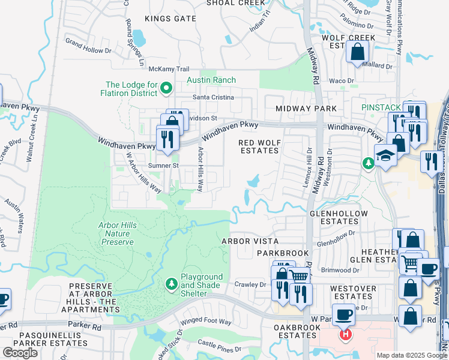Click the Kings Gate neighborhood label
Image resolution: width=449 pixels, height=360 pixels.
point(170,19)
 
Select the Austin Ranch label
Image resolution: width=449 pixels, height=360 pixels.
point(211,80)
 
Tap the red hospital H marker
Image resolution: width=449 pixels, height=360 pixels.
point(346,334)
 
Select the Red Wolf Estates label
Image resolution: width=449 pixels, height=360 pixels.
point(259,146)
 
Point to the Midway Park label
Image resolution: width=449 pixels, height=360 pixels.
point(306,109)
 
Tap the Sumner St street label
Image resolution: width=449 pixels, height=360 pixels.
point(164,165)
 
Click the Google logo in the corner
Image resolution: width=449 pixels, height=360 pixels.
point(20,353)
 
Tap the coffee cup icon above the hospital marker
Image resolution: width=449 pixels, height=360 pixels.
point(345,314)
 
